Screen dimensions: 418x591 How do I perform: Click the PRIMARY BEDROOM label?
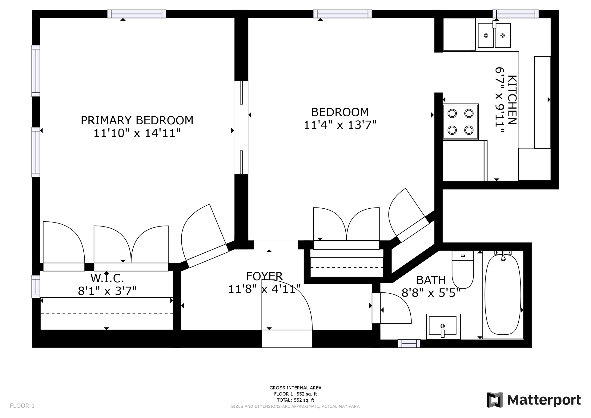(137, 120)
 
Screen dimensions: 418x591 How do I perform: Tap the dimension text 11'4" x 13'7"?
(340, 125)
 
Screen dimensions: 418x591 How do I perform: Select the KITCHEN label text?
(512, 100)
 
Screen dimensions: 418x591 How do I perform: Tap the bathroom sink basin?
(443, 326)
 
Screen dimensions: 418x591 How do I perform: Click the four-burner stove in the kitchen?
(460, 122)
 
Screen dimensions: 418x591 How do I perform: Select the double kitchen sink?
(494, 35)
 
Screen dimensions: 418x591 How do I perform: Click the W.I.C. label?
(107, 278)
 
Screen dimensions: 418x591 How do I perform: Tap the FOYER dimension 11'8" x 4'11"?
(264, 289)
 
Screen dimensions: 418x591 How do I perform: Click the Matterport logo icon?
(494, 400)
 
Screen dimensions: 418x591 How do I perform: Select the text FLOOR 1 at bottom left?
(22, 406)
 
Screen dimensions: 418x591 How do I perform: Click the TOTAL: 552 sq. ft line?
(295, 400)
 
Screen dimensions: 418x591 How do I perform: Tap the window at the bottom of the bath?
(409, 344)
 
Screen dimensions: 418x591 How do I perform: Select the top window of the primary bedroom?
(136, 14)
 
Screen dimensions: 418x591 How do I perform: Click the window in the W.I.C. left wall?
(36, 287)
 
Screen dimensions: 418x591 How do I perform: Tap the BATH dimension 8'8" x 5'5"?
(431, 293)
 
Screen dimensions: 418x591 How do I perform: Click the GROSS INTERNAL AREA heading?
(295, 388)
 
